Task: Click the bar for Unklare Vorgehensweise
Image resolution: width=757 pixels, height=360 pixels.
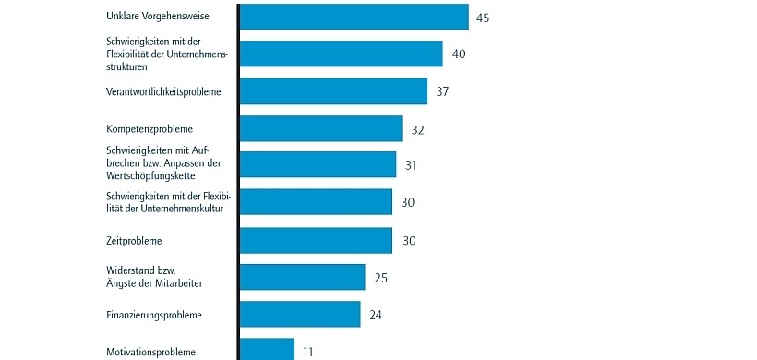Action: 354,17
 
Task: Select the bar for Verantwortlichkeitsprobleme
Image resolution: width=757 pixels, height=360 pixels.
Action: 333,91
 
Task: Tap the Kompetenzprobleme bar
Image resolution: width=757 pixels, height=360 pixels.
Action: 320,128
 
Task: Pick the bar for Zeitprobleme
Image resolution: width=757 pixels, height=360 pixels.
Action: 316,240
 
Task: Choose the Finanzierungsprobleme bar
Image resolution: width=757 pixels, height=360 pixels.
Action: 299,314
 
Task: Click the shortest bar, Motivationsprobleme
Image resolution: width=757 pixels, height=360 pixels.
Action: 267,350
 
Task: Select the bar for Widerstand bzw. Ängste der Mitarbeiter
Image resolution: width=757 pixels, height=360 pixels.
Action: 302,277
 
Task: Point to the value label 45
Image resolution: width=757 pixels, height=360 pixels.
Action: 483,18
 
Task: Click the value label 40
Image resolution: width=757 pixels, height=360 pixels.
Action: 459,54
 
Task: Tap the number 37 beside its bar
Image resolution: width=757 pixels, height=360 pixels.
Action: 442,91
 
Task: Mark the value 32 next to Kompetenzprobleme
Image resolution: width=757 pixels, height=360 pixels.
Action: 417,129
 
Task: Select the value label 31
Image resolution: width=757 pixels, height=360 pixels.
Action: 412,165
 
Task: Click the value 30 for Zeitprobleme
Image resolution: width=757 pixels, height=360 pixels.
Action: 409,240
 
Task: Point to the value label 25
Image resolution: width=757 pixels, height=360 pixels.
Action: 380,277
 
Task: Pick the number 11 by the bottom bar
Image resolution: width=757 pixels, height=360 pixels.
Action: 308,351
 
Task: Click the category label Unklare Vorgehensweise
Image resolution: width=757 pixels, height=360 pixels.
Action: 158,17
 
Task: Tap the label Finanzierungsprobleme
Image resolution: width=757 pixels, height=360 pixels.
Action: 154,315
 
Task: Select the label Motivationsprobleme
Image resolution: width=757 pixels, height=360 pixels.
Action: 150,351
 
